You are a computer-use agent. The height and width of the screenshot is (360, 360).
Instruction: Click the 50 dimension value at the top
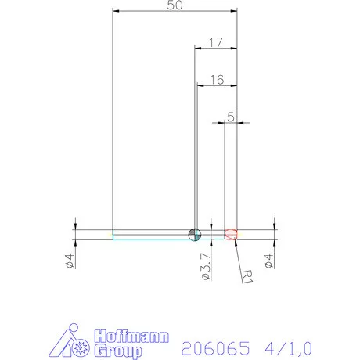tap(175, 5)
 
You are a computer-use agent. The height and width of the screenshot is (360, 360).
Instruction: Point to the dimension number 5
tap(230, 117)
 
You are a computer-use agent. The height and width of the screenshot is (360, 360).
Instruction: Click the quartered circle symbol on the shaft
tap(195, 234)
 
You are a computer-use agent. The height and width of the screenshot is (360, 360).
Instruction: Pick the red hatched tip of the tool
tap(231, 234)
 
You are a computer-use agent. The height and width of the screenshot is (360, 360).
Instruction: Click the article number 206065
tap(213, 346)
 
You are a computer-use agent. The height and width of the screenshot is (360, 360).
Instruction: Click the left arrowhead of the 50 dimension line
tap(116, 12)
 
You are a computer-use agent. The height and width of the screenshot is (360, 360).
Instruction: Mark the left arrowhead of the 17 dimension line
tap(197, 48)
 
